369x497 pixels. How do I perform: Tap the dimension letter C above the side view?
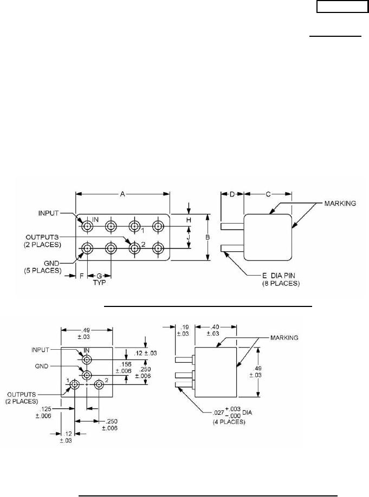(269, 194)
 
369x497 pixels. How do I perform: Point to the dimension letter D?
(232, 194)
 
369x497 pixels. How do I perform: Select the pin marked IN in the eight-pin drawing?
(87, 225)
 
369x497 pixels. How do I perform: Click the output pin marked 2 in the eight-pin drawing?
(134, 248)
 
